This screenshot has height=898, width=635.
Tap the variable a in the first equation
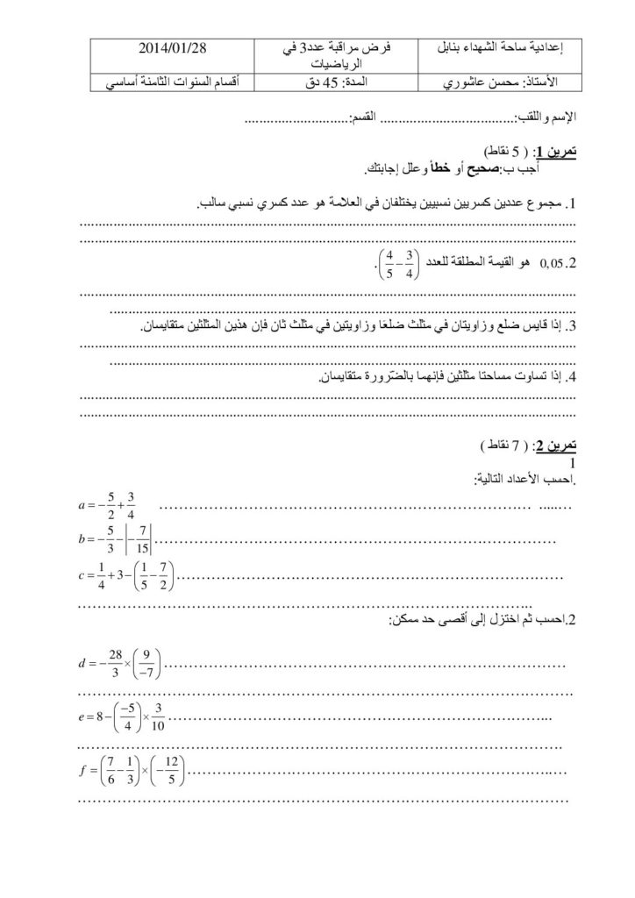pyautogui.click(x=82, y=507)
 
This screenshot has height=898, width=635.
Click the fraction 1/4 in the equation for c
pyautogui.click(x=101, y=576)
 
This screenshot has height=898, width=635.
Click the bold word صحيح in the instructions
pyautogui.click(x=497, y=168)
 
